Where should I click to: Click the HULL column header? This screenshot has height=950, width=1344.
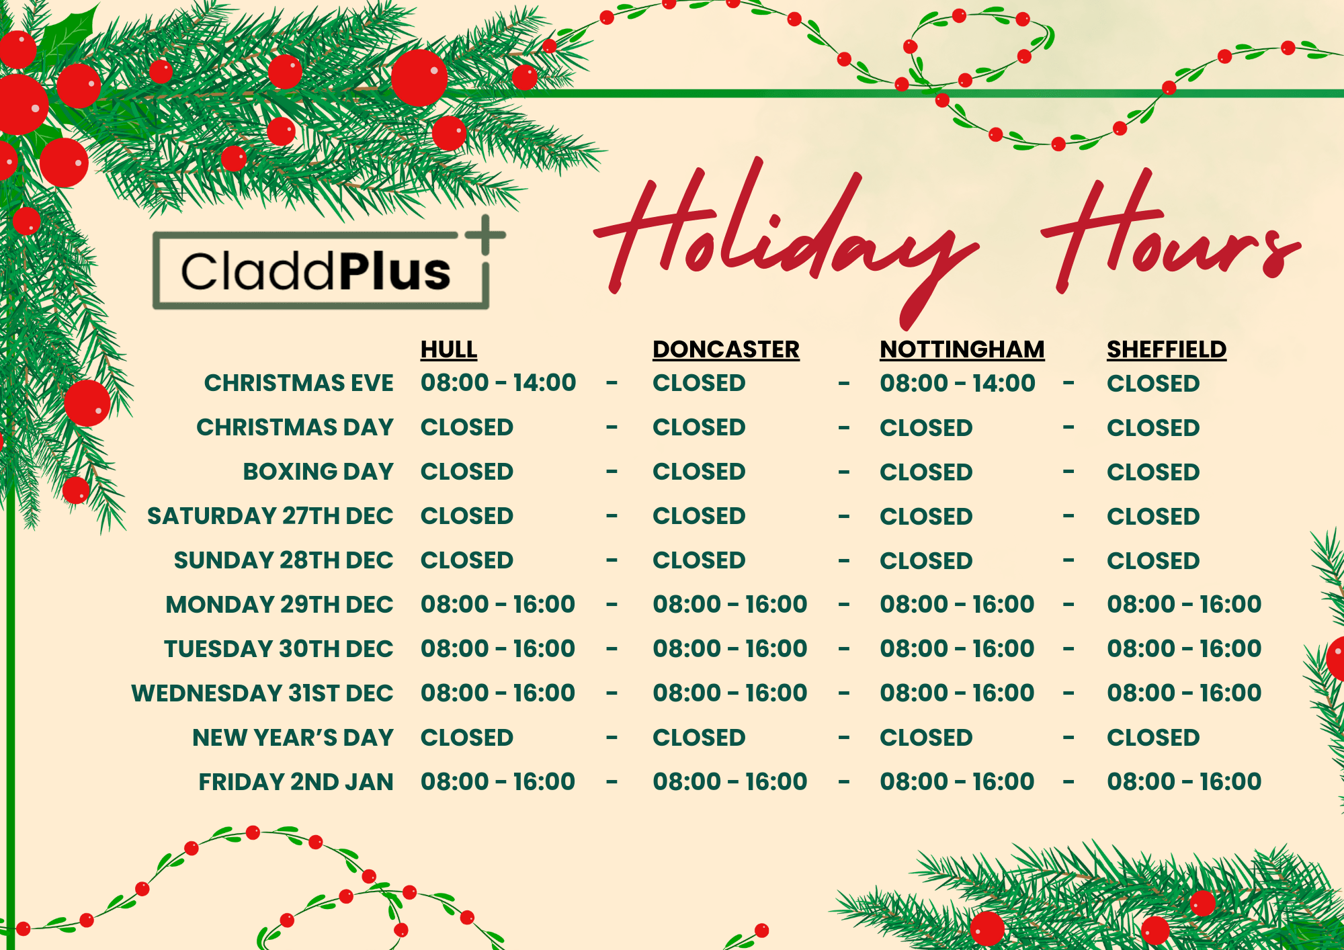[x=449, y=349]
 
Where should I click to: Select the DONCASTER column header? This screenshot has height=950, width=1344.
[x=726, y=349]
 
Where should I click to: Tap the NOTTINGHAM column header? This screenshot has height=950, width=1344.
[x=962, y=349]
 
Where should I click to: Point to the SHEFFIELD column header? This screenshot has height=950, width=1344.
[x=1167, y=349]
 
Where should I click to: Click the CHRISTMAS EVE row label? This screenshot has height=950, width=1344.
[x=299, y=383]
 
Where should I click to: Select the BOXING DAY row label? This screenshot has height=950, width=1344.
[x=319, y=472]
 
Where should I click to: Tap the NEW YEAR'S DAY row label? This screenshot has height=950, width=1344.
[x=293, y=738]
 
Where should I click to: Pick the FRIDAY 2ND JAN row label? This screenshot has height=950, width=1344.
[x=296, y=782]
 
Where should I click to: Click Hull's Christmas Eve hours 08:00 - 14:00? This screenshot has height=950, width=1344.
[x=499, y=383]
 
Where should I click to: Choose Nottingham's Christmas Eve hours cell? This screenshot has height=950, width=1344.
[x=958, y=383]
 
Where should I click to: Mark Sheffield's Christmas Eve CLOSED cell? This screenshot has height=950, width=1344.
[x=1153, y=384]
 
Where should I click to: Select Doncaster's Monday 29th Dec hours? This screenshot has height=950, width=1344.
[x=730, y=604]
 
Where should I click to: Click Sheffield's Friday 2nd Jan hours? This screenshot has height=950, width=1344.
[x=1184, y=781]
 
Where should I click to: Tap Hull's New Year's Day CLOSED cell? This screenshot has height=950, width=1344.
[x=467, y=738]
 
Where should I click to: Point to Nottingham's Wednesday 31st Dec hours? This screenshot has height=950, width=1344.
[x=957, y=693]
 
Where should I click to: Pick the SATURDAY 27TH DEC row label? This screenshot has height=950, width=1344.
[x=270, y=516]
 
